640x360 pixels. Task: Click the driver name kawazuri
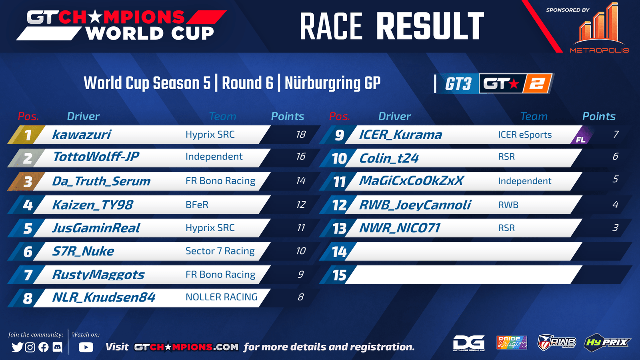82,134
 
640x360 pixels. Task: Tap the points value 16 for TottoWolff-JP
300,156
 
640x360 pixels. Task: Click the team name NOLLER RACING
222,297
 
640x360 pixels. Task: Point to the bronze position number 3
28,182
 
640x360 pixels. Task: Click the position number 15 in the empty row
340,275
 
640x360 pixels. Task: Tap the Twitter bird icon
18,347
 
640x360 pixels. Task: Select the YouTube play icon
86,347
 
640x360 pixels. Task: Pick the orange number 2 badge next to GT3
537,84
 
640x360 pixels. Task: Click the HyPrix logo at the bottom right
607,342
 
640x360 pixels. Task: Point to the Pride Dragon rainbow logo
512,342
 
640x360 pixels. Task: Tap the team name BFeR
197,205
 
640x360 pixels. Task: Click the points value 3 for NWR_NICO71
615,228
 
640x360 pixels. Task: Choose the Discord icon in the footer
58,347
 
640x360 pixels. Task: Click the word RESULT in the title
430,26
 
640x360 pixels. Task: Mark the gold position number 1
28,135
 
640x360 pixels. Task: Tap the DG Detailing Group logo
469,343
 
